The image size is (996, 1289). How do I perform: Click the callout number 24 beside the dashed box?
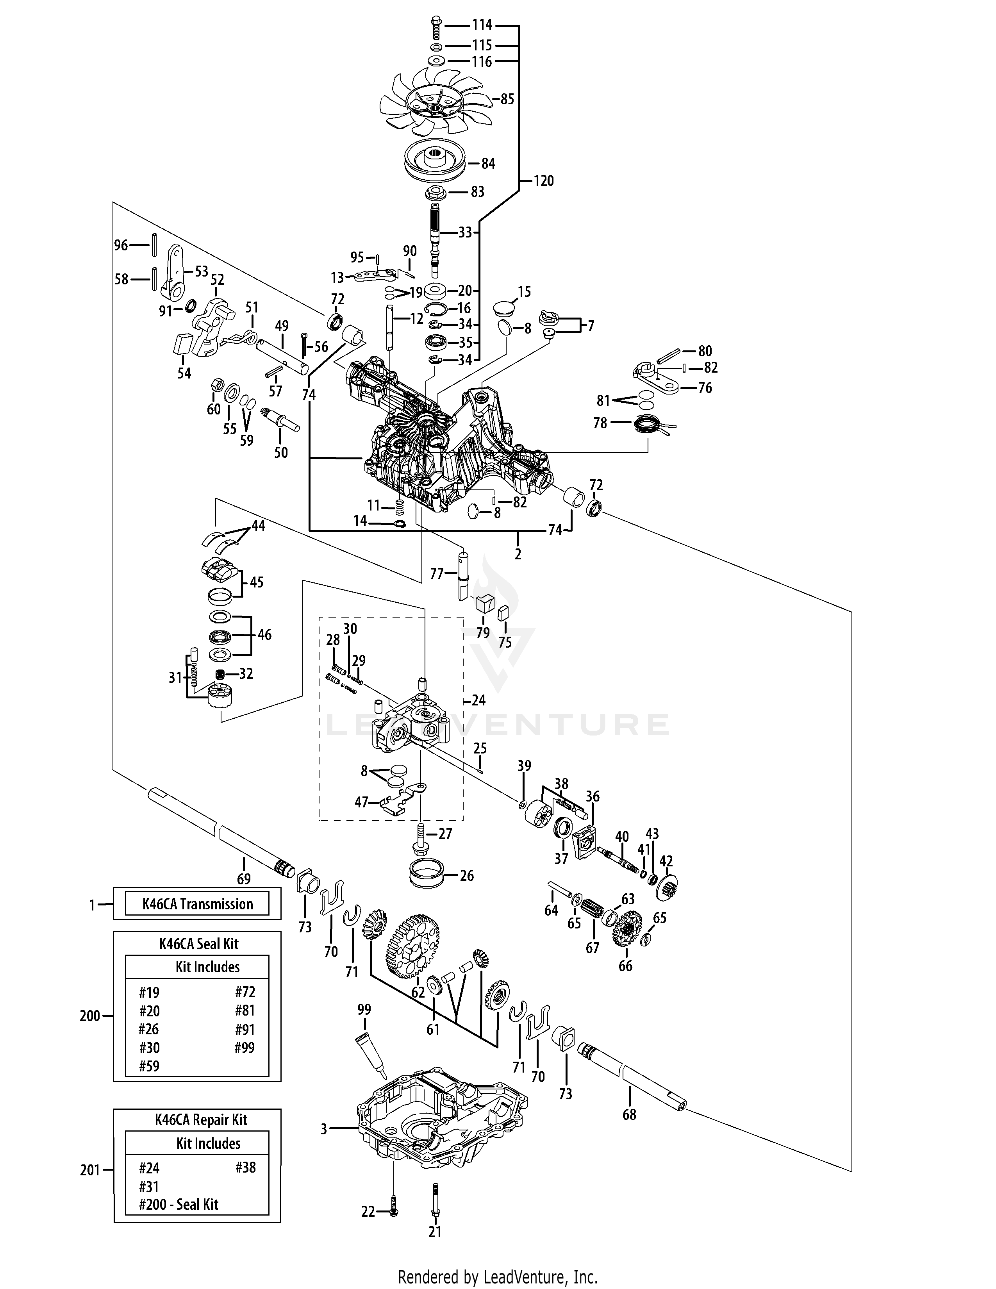[x=478, y=701]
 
